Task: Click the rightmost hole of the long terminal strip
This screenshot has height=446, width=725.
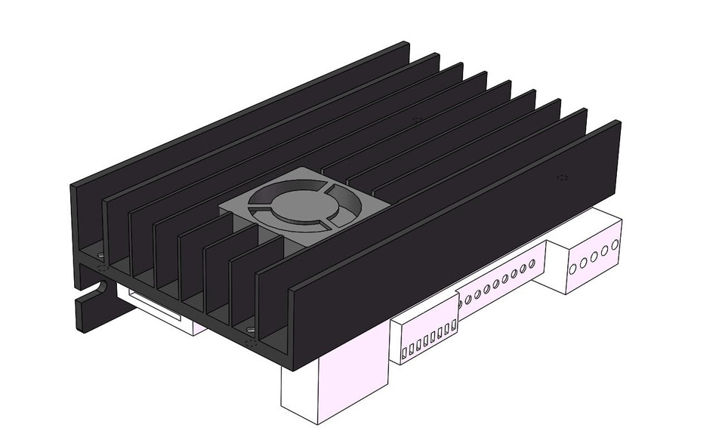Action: point(532,263)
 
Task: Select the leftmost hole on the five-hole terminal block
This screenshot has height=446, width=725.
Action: point(572,268)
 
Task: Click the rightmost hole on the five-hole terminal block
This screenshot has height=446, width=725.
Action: point(616,245)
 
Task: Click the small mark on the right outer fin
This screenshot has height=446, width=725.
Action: point(561,177)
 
